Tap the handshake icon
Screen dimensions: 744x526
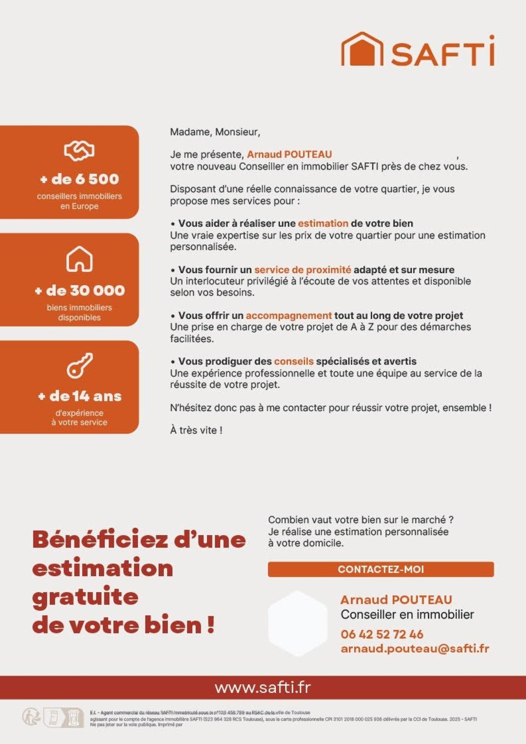pyautogui.click(x=79, y=150)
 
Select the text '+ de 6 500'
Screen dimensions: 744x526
pyautogui.click(x=79, y=179)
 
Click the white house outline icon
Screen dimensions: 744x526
pyautogui.click(x=79, y=258)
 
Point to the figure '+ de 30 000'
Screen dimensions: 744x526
pyautogui.click(x=79, y=290)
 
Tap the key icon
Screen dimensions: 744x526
pyautogui.click(x=79, y=365)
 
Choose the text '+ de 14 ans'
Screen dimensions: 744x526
pyautogui.click(x=79, y=396)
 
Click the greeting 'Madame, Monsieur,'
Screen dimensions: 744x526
pyautogui.click(x=215, y=132)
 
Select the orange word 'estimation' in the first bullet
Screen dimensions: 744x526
pyautogui.click(x=323, y=224)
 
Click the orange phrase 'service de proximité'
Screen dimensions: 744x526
pyautogui.click(x=302, y=270)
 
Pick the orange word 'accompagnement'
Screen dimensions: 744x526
pyautogui.click(x=288, y=315)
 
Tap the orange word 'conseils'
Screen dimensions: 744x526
pyautogui.click(x=293, y=361)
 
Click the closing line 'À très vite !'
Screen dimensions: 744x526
pyautogui.click(x=196, y=430)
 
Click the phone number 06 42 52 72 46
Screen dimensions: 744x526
pyautogui.click(x=382, y=634)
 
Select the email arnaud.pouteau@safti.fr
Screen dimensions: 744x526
pyautogui.click(x=415, y=649)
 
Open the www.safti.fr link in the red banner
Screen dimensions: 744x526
pyautogui.click(x=263, y=687)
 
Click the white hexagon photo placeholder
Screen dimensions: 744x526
pyautogui.click(x=297, y=623)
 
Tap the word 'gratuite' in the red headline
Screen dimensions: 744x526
pyautogui.click(x=85, y=597)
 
